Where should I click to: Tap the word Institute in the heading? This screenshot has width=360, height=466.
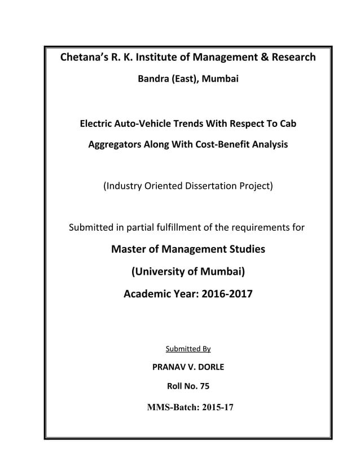point(157,58)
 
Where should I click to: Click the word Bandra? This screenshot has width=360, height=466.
point(154,81)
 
